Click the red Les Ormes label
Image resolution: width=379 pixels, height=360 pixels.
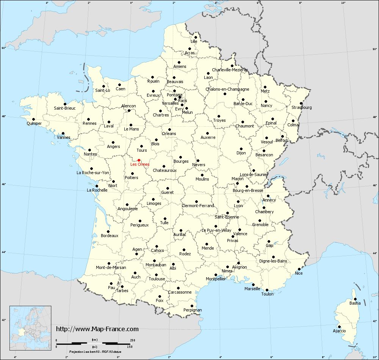(x=140, y=165)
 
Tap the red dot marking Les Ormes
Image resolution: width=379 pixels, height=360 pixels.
(x=139, y=160)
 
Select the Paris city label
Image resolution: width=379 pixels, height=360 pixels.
(x=183, y=101)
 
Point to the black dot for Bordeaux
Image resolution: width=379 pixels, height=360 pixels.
(x=108, y=231)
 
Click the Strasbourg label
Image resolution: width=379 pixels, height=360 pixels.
(x=302, y=108)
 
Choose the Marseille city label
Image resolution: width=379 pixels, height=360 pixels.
(x=252, y=289)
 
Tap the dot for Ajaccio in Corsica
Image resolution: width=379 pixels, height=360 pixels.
(x=340, y=327)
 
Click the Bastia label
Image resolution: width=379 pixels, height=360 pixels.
(x=355, y=303)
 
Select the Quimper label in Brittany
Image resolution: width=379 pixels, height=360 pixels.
(x=34, y=124)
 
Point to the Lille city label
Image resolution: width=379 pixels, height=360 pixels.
(x=194, y=41)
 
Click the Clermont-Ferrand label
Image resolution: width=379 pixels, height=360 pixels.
(x=198, y=206)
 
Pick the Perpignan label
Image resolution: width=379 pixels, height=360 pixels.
(x=192, y=310)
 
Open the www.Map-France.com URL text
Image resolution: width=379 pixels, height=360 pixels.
(x=97, y=329)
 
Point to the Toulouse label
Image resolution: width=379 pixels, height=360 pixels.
(x=157, y=279)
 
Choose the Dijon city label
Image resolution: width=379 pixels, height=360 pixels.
(x=241, y=153)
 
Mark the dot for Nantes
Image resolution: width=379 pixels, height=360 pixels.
(x=89, y=150)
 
